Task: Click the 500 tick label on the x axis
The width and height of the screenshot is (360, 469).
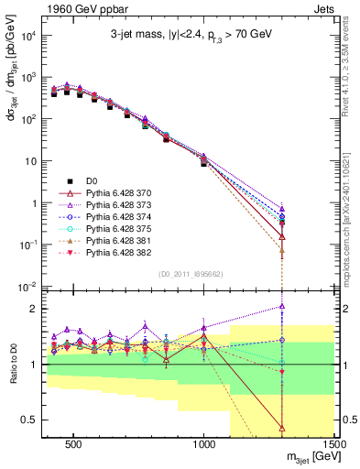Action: (x=74, y=444)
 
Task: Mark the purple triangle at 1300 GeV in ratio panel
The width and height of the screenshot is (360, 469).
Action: (x=282, y=306)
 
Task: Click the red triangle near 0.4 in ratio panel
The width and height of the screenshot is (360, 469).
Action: (x=282, y=427)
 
